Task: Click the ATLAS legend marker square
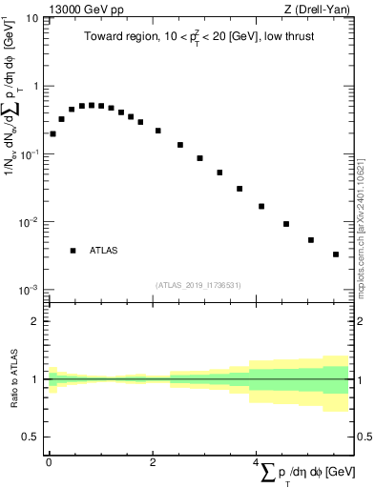pyautogui.click(x=73, y=251)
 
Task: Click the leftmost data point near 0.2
pyautogui.click(x=52, y=133)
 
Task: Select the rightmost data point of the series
pyautogui.click(x=336, y=254)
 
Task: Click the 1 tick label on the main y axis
pyautogui.click(x=36, y=87)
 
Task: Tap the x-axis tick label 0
pyautogui.click(x=49, y=461)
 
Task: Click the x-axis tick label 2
pyautogui.click(x=153, y=461)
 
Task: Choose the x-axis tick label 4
pyautogui.click(x=256, y=461)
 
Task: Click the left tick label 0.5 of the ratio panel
pyautogui.click(x=31, y=437)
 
